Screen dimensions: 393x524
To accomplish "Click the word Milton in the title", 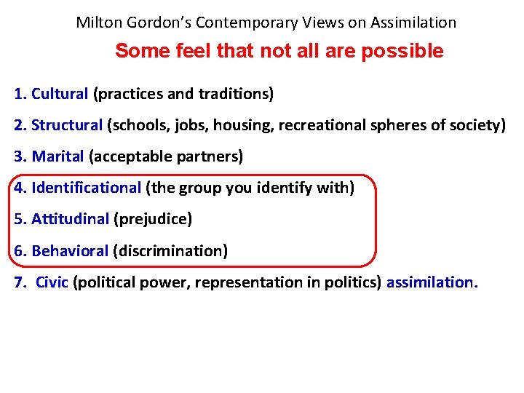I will [98, 23].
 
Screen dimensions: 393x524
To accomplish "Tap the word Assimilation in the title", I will [413, 23].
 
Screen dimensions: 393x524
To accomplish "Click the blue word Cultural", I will [60, 94].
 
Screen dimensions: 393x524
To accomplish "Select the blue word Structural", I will [67, 125].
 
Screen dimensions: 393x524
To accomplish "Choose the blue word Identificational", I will [86, 188].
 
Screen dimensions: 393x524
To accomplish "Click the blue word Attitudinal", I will [70, 219].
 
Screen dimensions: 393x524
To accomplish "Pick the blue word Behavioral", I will [70, 251].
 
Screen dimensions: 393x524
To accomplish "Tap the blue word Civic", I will [52, 282].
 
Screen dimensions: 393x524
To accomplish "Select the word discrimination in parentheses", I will [170, 251].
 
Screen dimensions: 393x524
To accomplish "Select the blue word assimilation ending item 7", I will [430, 282].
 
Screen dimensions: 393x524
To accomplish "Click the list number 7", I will [19, 282].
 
